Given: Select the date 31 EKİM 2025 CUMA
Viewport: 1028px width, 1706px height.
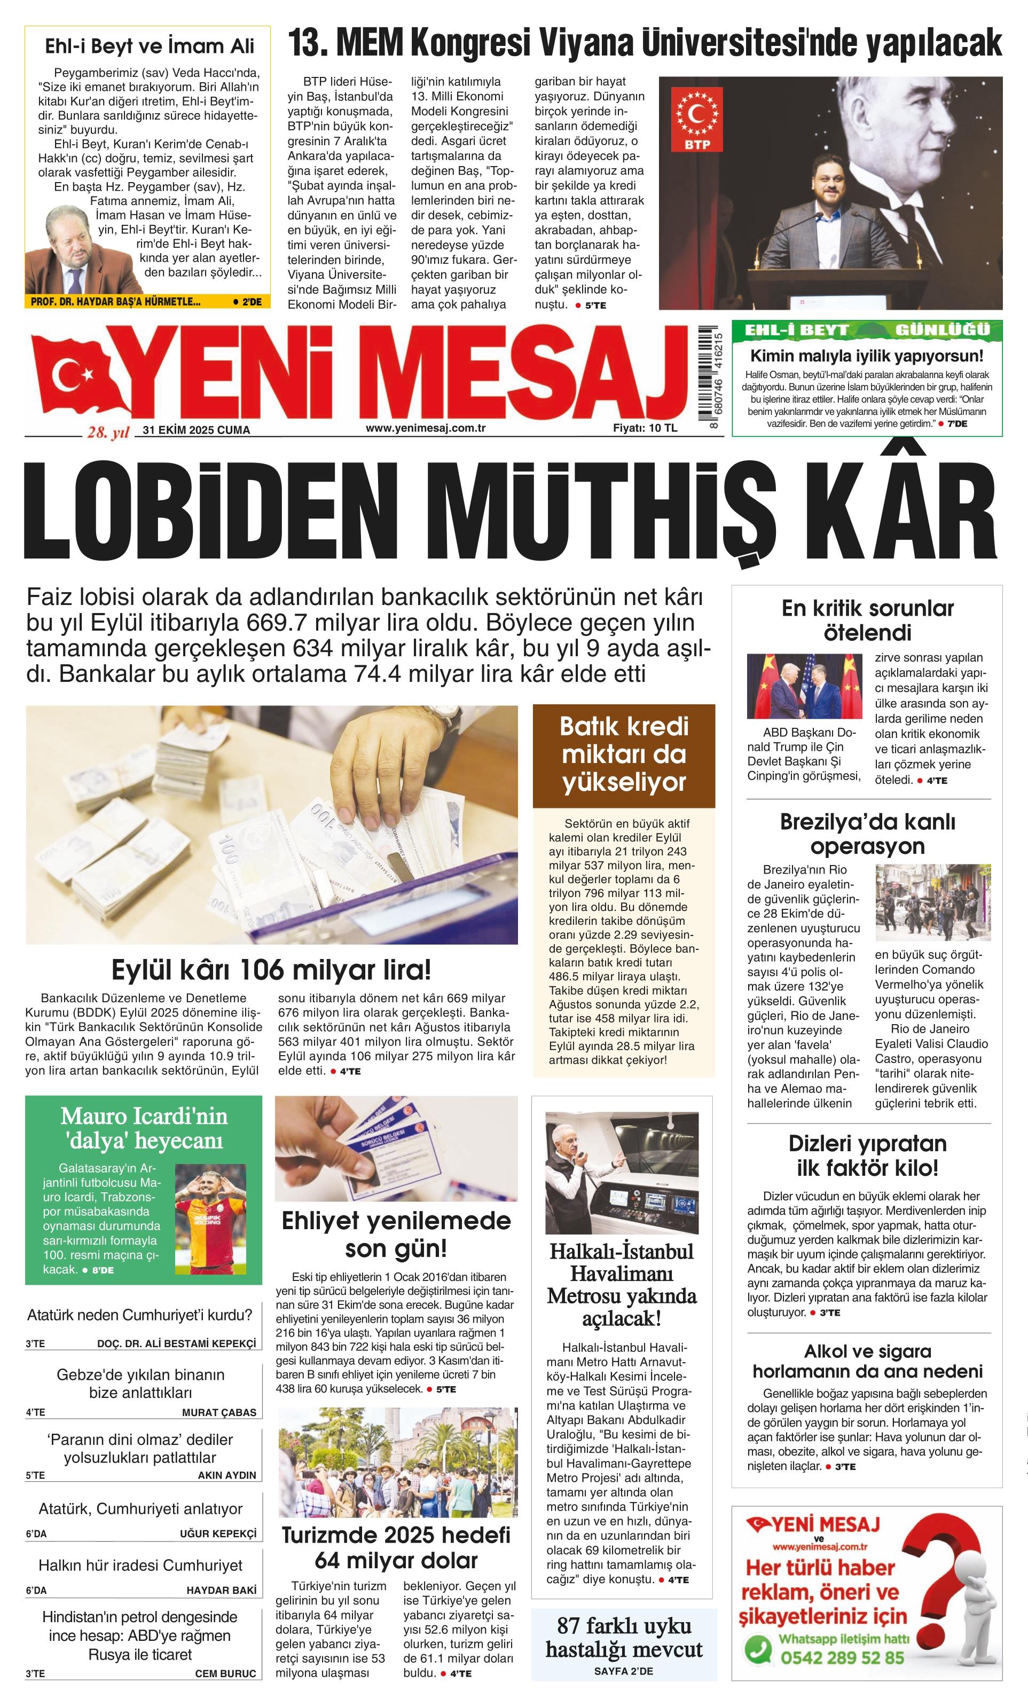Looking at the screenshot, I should pyautogui.click(x=196, y=430).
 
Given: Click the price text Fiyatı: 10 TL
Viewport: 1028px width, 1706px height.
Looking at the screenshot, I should pyautogui.click(x=645, y=428).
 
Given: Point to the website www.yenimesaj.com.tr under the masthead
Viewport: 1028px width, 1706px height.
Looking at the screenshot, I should pyautogui.click(x=425, y=428).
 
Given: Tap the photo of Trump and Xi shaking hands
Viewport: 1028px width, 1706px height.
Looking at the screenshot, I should pyautogui.click(x=804, y=686).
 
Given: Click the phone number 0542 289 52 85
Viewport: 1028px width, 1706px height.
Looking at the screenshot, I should pyautogui.click(x=843, y=1657).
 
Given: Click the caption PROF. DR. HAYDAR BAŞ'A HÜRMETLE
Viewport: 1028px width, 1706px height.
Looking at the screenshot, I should pyautogui.click(x=115, y=302).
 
